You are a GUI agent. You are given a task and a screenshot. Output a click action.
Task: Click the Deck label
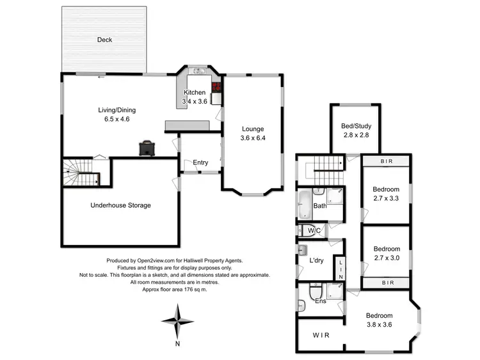104,40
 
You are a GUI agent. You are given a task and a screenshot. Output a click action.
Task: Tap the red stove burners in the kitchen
216,88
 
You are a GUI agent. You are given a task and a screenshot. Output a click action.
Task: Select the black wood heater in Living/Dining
148,147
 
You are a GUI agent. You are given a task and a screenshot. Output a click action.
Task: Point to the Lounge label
252,129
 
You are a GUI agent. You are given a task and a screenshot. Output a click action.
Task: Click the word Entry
200,162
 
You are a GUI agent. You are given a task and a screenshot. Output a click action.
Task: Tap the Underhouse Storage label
120,205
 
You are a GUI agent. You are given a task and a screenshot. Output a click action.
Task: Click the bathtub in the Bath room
304,204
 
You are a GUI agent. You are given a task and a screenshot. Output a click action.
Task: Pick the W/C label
314,230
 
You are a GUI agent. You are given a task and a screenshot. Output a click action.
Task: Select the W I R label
321,335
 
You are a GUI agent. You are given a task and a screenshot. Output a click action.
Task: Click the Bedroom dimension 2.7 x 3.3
386,198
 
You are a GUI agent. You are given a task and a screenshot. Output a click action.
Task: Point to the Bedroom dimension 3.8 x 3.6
379,325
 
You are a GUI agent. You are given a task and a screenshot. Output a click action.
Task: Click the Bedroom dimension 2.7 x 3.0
387,258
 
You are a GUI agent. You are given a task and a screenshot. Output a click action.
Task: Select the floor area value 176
189,289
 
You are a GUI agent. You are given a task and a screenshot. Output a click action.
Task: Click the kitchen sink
198,71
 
